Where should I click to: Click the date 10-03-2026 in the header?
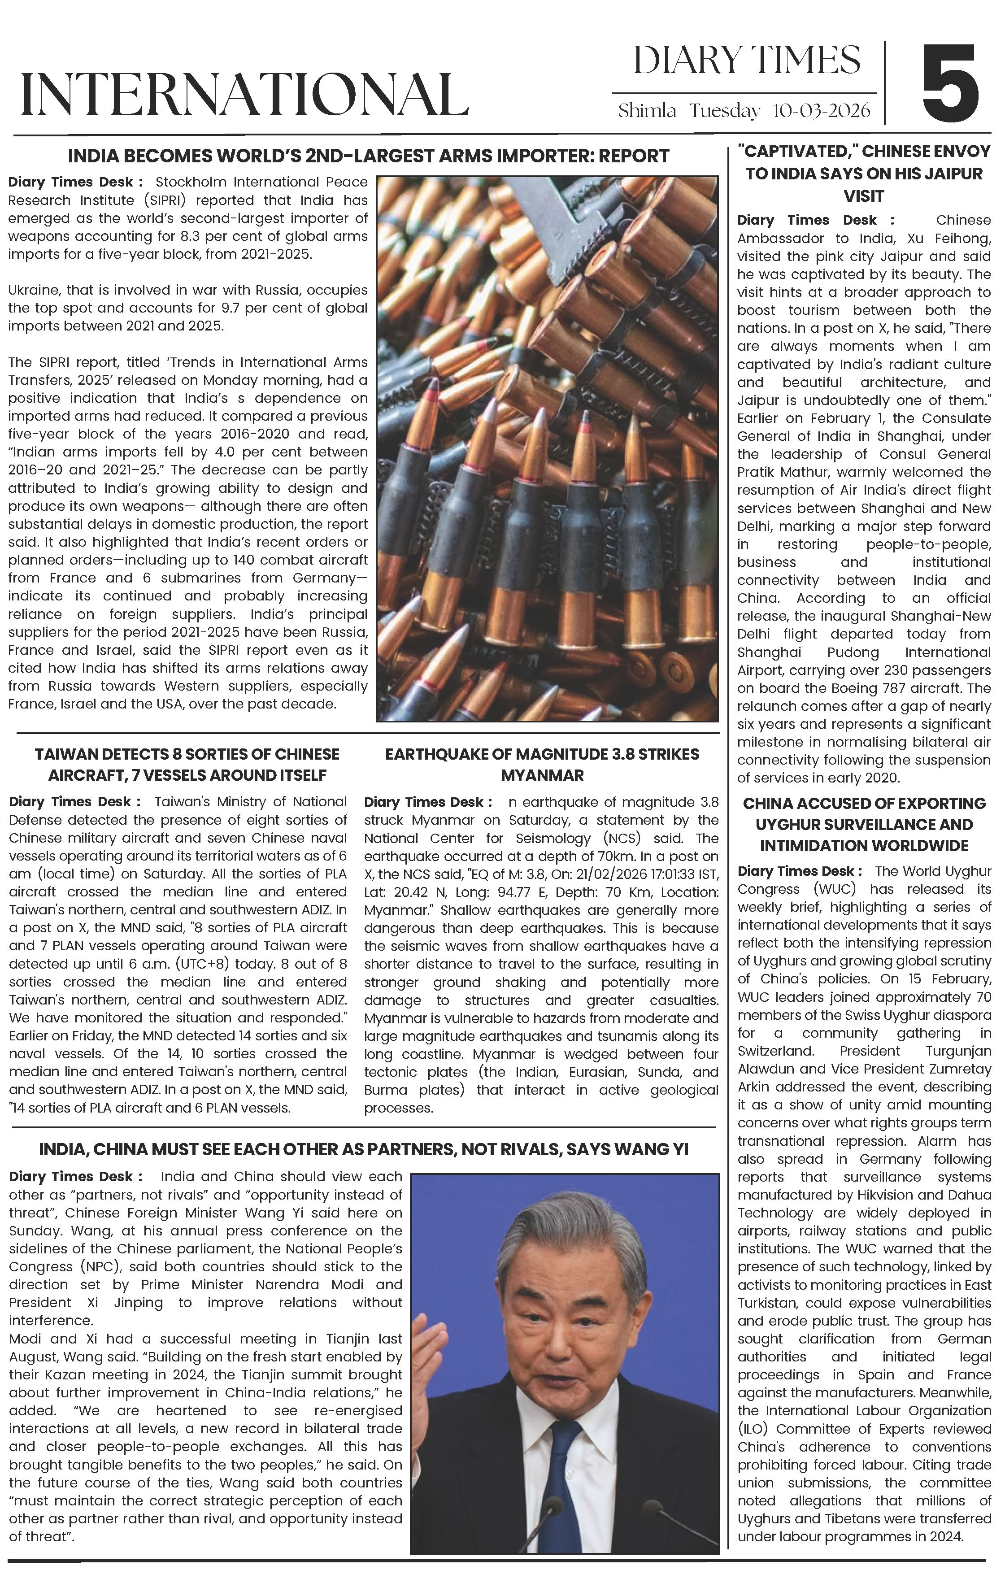[822, 110]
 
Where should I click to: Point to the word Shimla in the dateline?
[647, 110]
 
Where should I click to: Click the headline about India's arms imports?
[368, 156]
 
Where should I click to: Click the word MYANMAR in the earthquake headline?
[542, 775]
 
